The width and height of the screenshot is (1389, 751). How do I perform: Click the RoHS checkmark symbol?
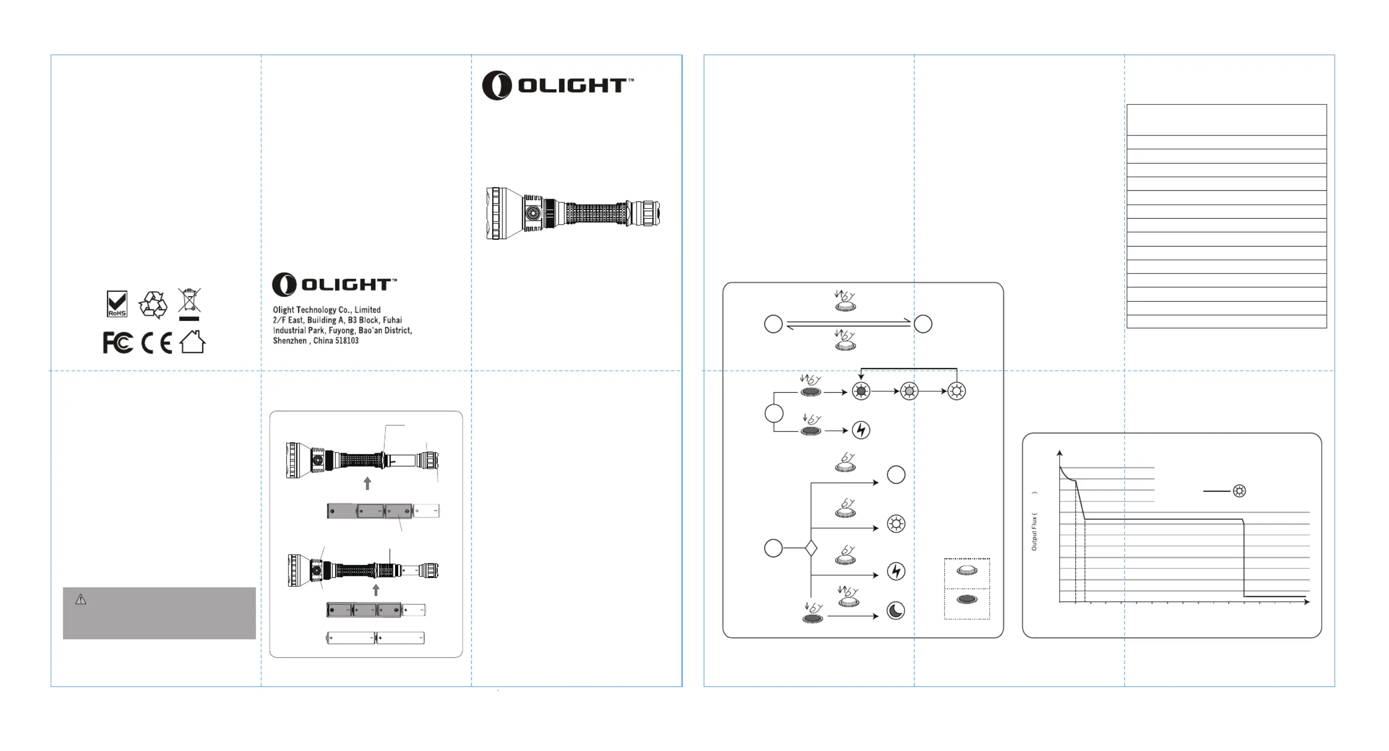pos(117,304)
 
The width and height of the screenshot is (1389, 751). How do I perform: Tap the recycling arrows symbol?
pos(153,305)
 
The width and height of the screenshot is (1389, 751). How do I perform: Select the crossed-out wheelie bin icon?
pos(189,301)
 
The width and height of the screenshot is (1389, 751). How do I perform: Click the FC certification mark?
pos(117,343)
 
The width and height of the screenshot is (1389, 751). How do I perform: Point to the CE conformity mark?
pos(156,343)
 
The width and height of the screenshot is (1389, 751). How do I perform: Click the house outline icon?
pos(192,342)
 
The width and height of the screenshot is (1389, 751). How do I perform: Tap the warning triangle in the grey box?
pos(81,599)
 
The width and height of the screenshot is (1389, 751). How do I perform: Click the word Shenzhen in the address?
pos(289,341)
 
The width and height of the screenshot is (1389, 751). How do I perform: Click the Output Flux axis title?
pos(1034,531)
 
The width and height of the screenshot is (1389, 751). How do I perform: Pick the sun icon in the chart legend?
pos(1240,491)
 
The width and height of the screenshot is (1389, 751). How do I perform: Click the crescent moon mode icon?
pos(896,611)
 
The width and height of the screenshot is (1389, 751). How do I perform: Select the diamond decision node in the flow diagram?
pos(811,549)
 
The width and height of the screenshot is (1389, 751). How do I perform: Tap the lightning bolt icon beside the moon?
pos(896,571)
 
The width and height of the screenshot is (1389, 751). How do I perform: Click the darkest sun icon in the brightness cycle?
pos(861,391)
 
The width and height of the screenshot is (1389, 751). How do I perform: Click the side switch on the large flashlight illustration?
pos(533,214)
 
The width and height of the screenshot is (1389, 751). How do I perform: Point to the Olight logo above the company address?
pos(334,285)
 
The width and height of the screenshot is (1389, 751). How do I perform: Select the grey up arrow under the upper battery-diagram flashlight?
pos(368,483)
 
